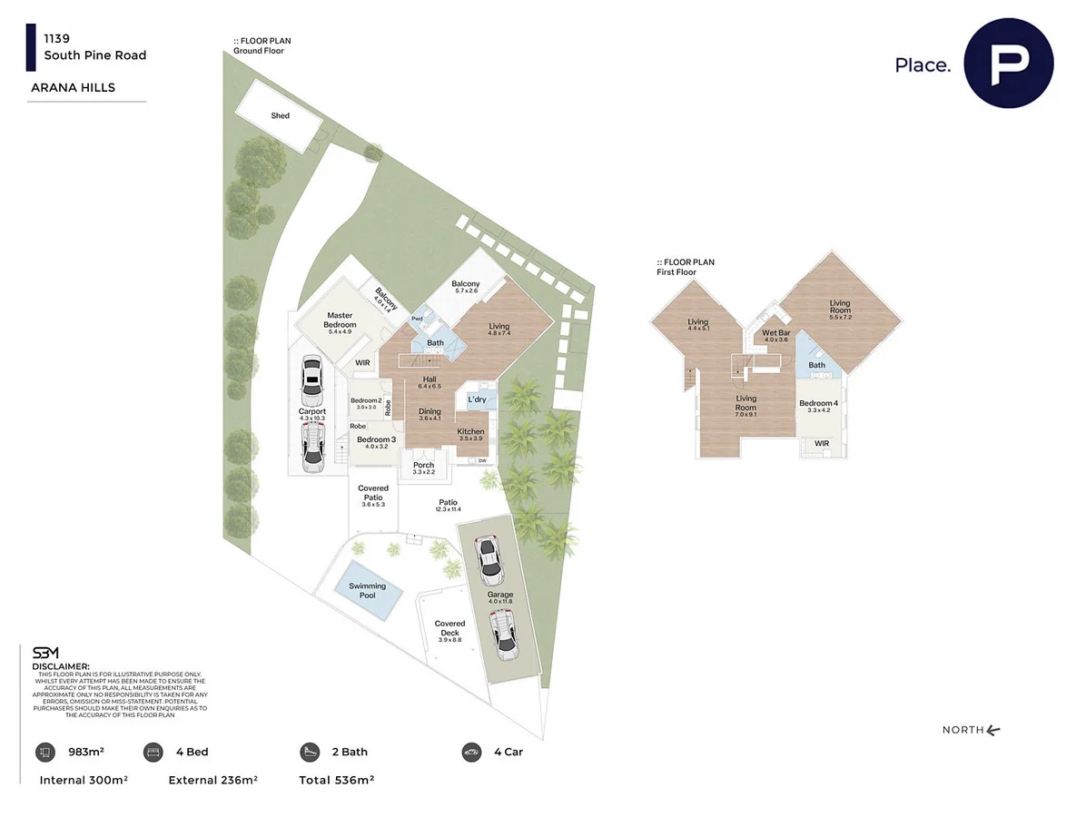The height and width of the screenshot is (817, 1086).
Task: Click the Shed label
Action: [280, 116]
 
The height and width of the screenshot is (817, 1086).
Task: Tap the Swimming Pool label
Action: [367, 591]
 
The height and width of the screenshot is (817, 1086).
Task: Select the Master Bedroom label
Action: [340, 320]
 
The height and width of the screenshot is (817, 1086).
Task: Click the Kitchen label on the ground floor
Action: [470, 431]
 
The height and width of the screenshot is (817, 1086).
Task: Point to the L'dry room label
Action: [477, 399]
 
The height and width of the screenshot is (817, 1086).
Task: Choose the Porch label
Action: [423, 466]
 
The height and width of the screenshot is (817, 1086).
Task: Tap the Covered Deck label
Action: [449, 628]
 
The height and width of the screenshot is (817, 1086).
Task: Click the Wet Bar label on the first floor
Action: [776, 333]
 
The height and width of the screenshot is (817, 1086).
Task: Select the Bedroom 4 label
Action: [818, 403]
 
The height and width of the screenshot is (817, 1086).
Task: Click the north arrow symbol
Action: [992, 730]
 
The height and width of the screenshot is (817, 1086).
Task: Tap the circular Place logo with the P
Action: [1009, 64]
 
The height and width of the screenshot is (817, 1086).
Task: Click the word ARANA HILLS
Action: [73, 88]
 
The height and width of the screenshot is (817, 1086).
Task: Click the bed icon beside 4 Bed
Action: [153, 752]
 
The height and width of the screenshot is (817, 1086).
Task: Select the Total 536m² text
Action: [336, 780]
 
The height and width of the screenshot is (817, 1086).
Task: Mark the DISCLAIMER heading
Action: [61, 666]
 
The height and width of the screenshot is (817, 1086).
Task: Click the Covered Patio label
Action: [373, 493]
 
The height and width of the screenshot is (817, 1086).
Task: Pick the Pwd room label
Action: [417, 320]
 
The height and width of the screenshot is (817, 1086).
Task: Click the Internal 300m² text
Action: [84, 780]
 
